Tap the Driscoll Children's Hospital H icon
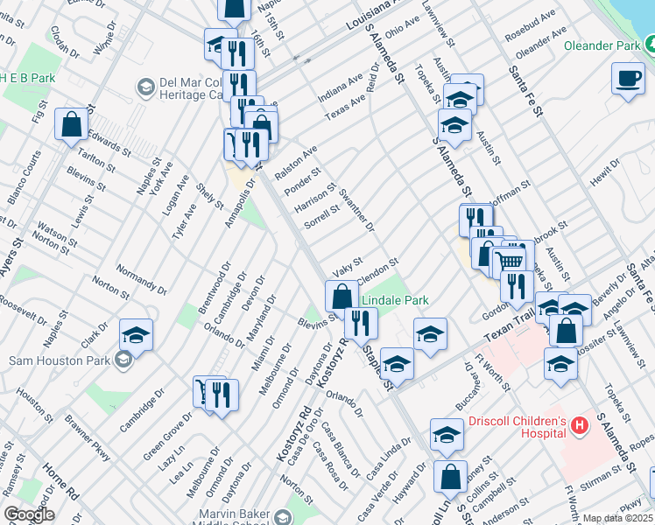click(578, 425)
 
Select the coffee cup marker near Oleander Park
click(627, 79)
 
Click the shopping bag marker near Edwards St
click(71, 125)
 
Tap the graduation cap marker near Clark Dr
click(135, 335)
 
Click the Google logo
click(28, 514)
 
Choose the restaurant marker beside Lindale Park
click(360, 324)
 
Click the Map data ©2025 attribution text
click(617, 518)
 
